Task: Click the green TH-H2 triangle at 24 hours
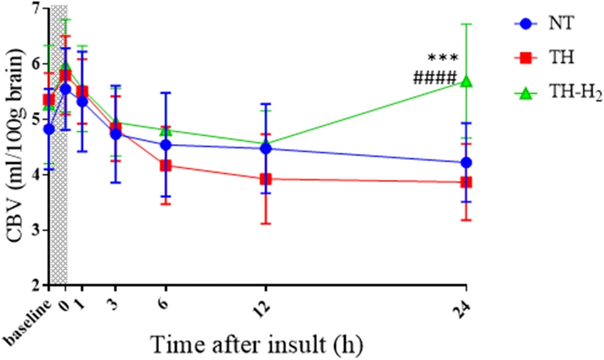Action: click(465, 82)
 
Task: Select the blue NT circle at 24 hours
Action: click(465, 162)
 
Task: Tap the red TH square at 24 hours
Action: click(465, 182)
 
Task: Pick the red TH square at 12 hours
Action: click(266, 179)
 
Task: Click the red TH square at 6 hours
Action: click(165, 165)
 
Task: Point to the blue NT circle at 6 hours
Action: click(165, 145)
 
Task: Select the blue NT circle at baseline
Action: click(49, 129)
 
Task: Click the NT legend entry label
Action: click(559, 24)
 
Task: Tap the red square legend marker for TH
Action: click(526, 59)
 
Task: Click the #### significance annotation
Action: click(435, 78)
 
